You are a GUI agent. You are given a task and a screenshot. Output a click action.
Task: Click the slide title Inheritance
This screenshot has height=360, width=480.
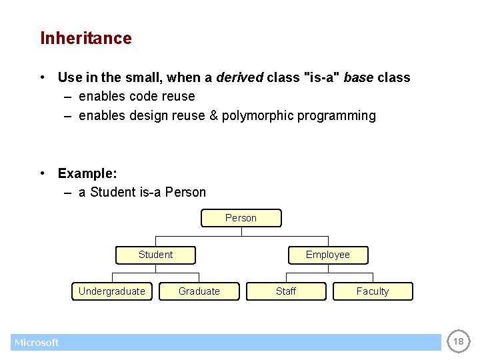[x=86, y=39]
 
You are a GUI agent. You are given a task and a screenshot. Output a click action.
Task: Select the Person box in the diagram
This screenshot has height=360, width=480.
[x=241, y=218]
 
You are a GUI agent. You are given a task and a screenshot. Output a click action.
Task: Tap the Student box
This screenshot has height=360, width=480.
[x=155, y=255]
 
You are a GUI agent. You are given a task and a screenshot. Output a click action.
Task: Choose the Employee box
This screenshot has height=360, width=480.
[x=327, y=255]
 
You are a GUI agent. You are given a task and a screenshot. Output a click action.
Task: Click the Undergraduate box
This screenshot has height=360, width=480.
[x=112, y=291]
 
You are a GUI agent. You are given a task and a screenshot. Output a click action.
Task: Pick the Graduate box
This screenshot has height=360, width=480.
[x=199, y=291]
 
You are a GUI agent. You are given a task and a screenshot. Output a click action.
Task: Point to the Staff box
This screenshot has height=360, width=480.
[x=286, y=291]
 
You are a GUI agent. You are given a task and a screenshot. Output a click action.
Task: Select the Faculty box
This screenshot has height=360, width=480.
[x=373, y=291]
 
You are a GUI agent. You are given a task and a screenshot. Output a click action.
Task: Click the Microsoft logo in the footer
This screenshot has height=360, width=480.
[x=37, y=343]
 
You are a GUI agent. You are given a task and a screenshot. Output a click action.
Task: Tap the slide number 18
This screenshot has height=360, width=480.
[x=458, y=342]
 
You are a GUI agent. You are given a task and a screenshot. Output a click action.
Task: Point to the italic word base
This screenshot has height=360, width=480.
[x=358, y=77]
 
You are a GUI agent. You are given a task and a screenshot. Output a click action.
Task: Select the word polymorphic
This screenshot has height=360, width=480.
[x=257, y=116]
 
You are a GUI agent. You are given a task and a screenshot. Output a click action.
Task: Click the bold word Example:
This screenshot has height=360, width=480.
[x=87, y=173]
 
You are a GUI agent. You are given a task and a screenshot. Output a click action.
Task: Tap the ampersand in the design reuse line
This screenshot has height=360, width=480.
[x=213, y=116]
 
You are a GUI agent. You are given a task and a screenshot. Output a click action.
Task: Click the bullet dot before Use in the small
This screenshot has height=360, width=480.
[x=43, y=78]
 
